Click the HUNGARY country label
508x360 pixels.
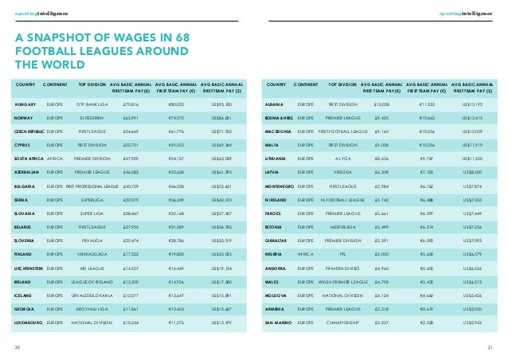point(27,104)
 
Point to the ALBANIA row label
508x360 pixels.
point(275,104)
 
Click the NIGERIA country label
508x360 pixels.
point(275,255)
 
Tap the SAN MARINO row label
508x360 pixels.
point(279,323)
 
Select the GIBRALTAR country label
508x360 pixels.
point(279,241)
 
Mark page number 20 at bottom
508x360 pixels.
point(18,347)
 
